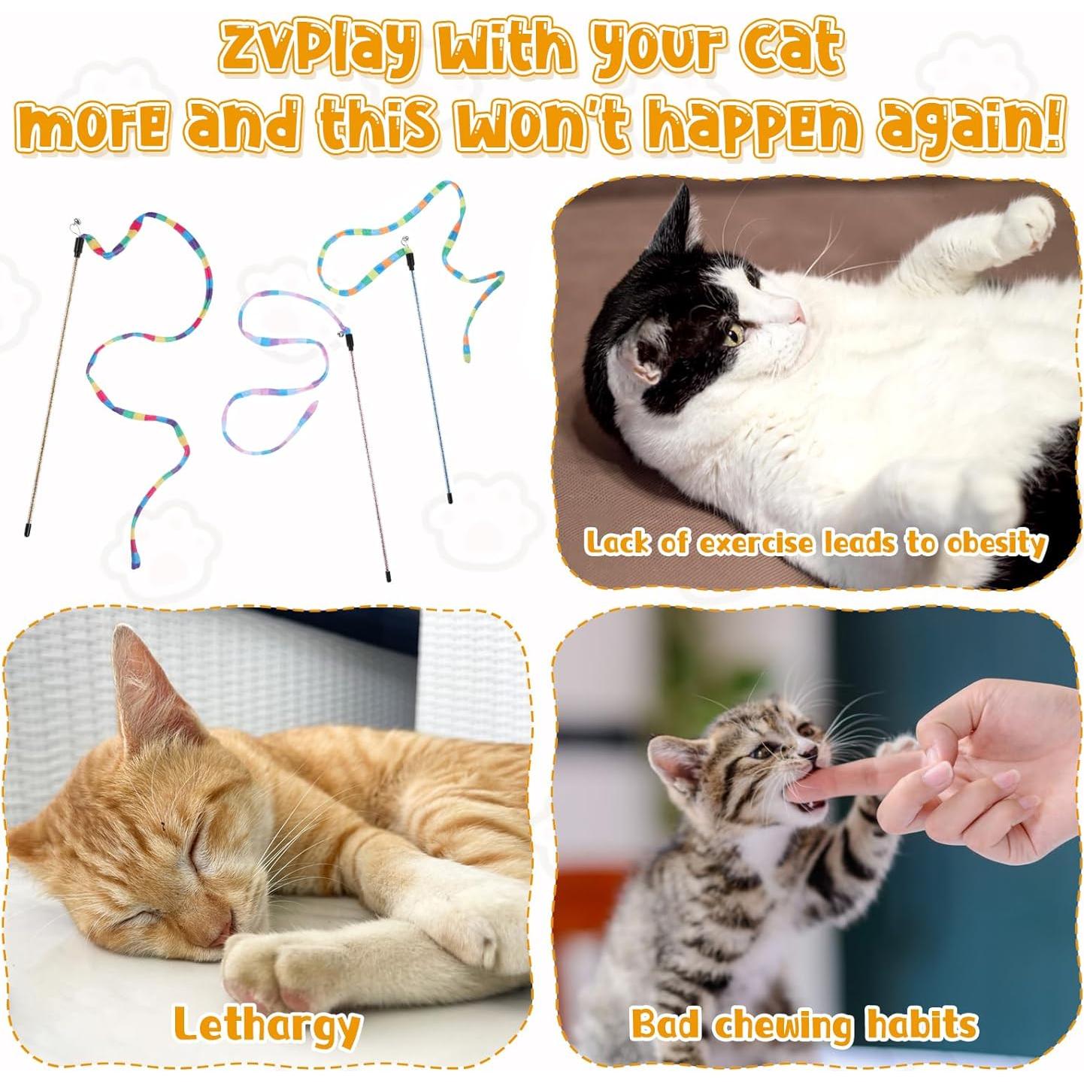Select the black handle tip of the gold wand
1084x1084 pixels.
(28, 531)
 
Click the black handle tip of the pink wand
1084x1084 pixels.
(387, 576)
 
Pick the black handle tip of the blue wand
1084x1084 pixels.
(450, 498)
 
